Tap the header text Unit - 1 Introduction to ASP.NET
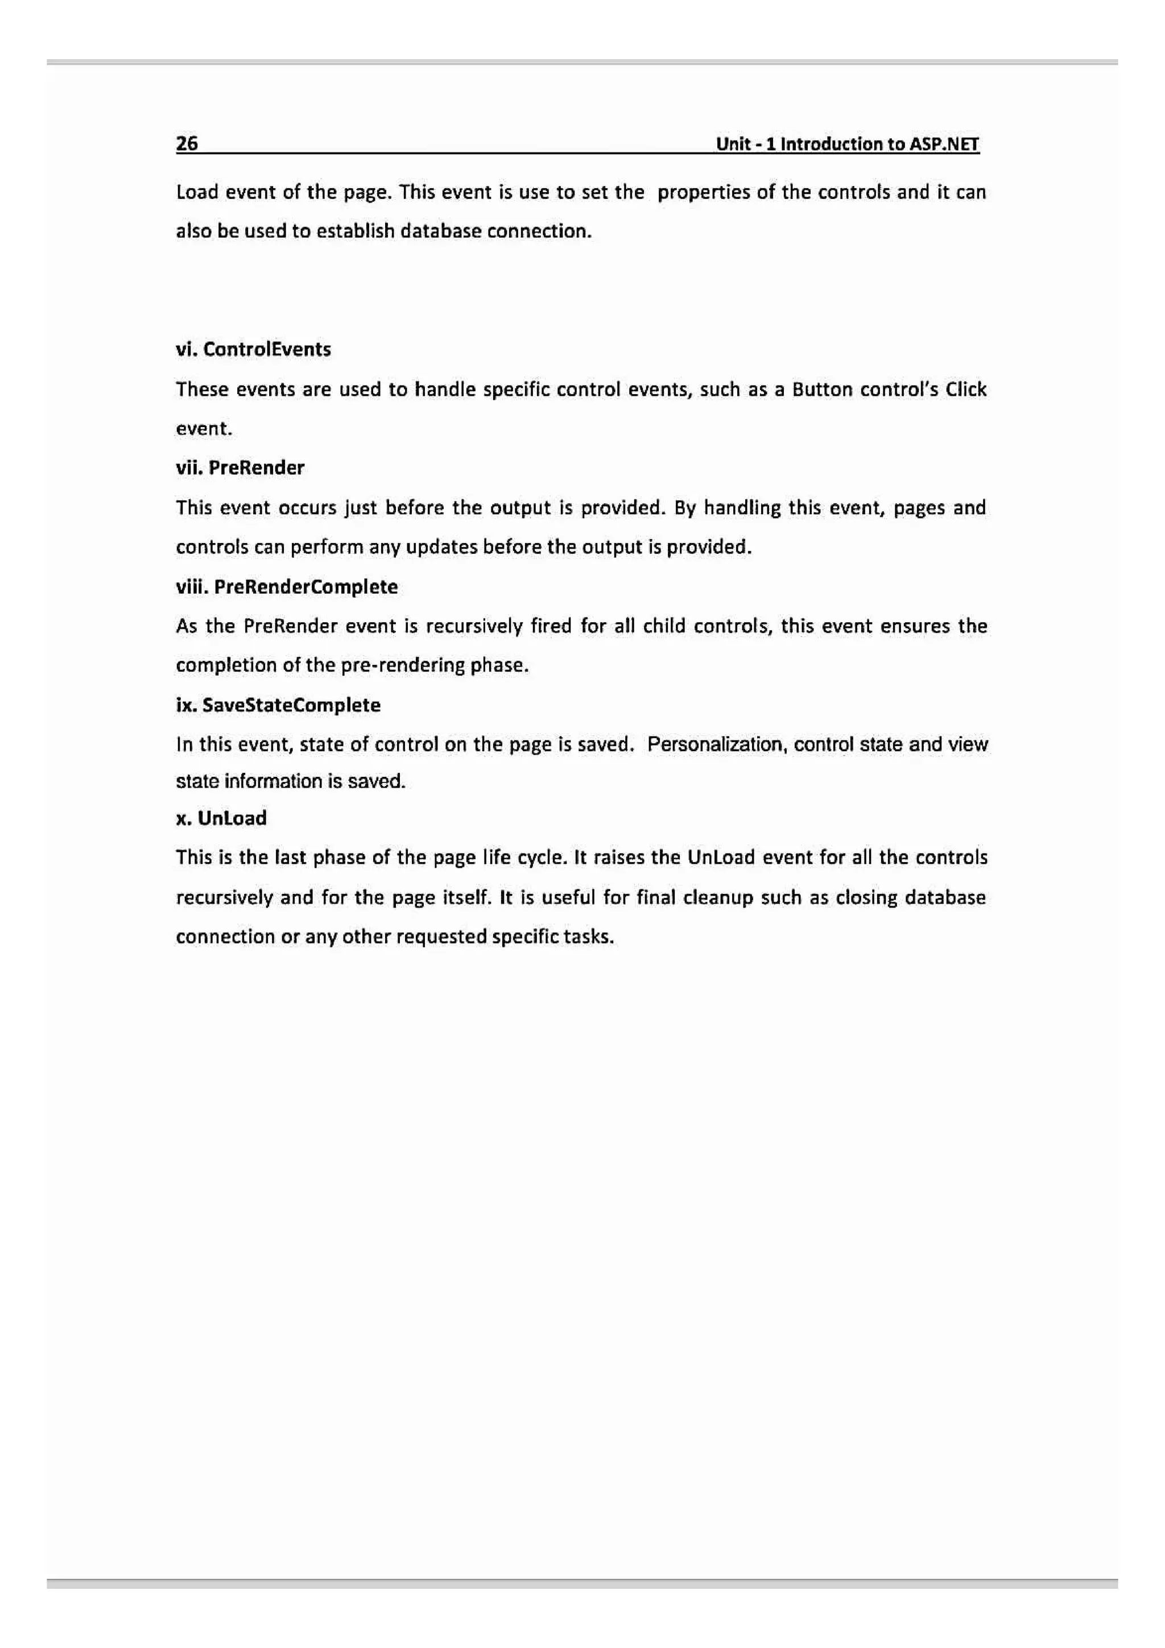pos(847,144)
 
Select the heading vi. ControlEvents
pos(253,350)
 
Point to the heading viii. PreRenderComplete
pos(286,587)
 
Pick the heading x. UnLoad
pos(221,818)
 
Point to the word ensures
pos(915,627)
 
